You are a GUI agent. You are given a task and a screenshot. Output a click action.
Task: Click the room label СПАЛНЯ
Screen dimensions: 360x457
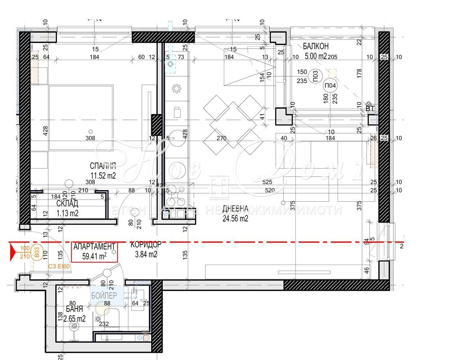coord(103,166)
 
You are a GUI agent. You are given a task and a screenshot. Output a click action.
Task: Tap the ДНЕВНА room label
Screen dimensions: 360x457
coord(235,209)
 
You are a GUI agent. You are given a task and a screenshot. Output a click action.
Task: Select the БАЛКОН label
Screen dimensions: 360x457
coord(316,46)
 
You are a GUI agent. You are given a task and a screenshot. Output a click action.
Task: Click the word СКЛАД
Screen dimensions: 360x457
coord(67,204)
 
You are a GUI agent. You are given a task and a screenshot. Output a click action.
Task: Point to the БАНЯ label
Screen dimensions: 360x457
coord(74,309)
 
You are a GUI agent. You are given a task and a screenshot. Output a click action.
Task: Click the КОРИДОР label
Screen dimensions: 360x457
coord(145,244)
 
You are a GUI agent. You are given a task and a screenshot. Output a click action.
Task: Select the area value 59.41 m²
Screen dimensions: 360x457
coord(95,256)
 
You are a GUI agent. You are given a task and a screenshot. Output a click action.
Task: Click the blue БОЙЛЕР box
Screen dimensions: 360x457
coord(104,296)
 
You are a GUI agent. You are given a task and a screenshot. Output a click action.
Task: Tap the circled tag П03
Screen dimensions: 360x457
coord(316,76)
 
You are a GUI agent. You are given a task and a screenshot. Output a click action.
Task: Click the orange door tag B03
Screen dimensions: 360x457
coord(36,252)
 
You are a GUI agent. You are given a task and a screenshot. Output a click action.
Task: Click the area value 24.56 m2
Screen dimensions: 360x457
coord(235,218)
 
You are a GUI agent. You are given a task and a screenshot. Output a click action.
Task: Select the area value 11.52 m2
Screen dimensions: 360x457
coord(103,175)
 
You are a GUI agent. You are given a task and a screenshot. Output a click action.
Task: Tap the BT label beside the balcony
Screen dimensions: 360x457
coord(370,108)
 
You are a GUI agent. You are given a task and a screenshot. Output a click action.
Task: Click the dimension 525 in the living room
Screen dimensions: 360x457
coord(267,182)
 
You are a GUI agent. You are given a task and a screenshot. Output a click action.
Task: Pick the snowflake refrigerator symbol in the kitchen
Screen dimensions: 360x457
coord(176,89)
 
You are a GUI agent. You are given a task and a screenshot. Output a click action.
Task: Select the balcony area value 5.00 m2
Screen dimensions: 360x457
coord(316,56)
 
